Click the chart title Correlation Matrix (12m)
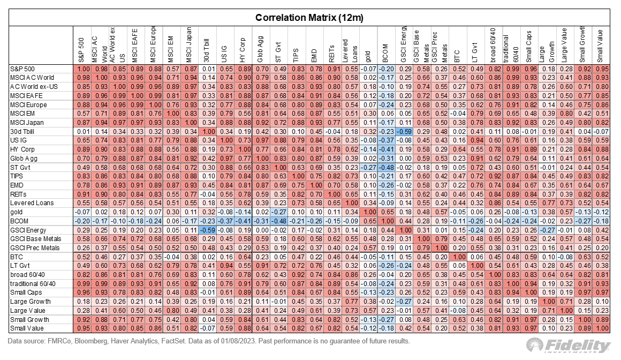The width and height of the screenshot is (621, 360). click(309, 17)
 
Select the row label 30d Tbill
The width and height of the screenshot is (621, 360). click(22, 131)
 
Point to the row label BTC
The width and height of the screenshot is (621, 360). click(17, 257)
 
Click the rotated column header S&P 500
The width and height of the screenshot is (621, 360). click(81, 52)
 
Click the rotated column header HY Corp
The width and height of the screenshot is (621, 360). click(243, 52)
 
